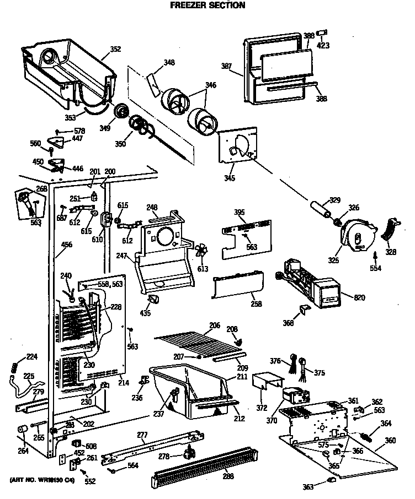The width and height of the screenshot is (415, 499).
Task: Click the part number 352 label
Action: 115,50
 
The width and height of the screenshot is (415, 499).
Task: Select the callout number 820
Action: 359,298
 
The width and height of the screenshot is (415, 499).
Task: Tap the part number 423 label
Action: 323,46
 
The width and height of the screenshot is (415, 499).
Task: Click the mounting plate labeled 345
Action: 238,146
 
